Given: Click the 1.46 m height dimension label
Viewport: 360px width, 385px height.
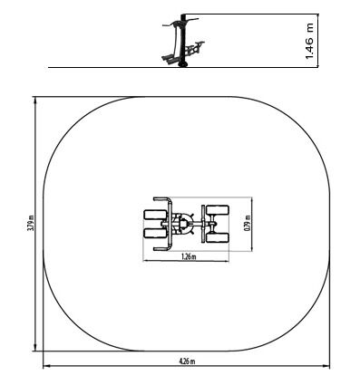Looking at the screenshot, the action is [309, 41].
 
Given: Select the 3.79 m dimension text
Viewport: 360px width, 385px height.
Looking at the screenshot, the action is [31, 224].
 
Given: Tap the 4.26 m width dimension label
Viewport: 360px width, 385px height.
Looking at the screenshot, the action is [187, 361].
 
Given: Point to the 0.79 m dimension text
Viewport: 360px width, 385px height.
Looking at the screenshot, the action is [248, 223].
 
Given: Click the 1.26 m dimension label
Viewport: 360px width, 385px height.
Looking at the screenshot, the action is [189, 257].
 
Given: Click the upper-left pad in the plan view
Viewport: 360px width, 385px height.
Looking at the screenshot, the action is [155, 215].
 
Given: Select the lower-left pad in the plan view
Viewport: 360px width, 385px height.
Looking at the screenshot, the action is [155, 233].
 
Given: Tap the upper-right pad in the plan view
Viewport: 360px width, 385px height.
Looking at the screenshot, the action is [218, 210].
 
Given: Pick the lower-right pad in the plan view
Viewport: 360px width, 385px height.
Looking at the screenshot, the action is [218, 237].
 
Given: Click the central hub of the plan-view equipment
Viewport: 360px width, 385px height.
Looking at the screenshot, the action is [183, 224].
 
